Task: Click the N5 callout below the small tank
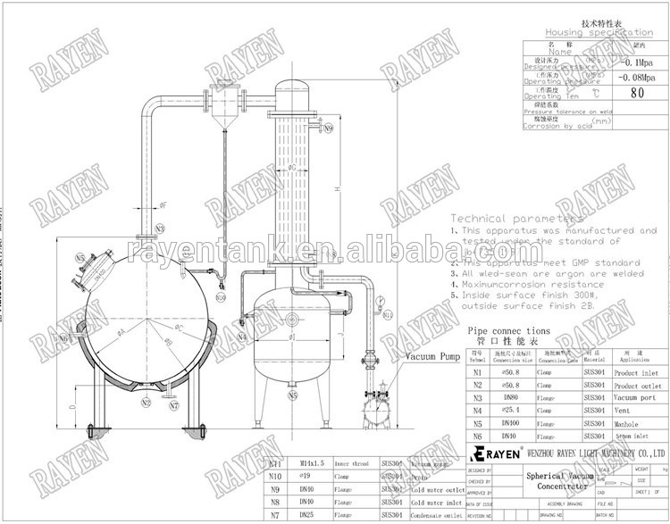[292, 394]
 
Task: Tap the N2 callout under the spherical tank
[146, 403]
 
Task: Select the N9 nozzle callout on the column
[329, 128]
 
